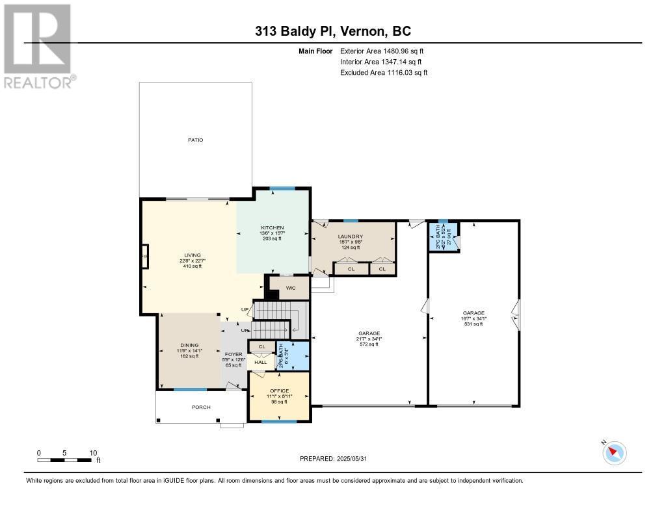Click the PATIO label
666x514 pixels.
196,140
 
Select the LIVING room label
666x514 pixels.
193,255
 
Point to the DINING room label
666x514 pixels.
189,345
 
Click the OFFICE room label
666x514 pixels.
279,391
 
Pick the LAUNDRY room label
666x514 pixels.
350,237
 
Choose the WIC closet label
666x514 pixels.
291,288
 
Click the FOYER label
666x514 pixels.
233,354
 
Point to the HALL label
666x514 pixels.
260,362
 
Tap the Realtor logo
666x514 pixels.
38,45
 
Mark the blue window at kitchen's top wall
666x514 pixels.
282,188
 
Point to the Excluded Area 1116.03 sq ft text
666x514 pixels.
384,73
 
